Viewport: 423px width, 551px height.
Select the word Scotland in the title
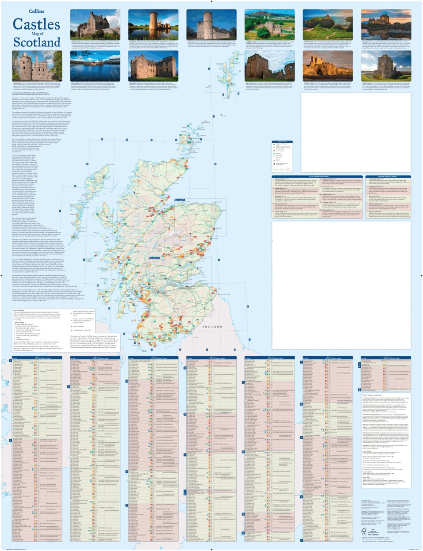click(36, 43)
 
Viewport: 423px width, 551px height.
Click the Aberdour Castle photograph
click(95, 24)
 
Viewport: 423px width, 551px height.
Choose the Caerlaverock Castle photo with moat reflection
click(153, 24)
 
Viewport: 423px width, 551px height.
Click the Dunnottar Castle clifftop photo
click(327, 24)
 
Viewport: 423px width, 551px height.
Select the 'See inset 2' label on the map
click(154, 257)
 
